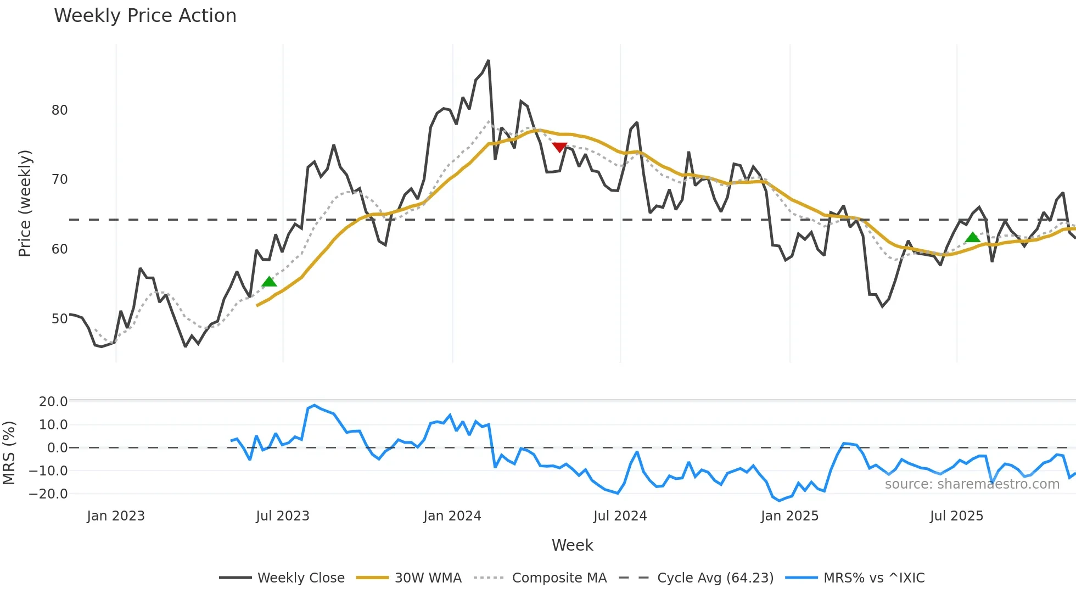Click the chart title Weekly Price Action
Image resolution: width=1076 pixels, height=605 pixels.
145,16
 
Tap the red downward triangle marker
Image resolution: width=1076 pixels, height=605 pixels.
559,147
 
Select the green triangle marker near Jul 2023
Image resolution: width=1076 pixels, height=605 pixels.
269,282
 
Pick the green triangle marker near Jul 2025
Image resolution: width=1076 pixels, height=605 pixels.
972,237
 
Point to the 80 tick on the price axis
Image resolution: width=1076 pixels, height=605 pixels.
59,110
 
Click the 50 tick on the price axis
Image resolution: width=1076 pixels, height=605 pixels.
59,319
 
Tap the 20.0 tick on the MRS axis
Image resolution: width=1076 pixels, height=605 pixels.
53,402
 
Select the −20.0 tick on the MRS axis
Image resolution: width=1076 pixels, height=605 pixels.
48,494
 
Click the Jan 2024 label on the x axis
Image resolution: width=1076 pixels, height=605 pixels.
452,516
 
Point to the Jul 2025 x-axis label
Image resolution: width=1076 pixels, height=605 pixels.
956,516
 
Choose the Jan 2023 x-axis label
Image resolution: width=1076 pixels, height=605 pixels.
116,516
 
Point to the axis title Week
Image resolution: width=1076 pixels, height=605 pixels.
572,545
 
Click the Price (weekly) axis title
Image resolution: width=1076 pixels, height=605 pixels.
25,203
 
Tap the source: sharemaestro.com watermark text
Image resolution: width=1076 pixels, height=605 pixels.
972,484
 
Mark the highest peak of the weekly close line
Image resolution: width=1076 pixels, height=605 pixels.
488,61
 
